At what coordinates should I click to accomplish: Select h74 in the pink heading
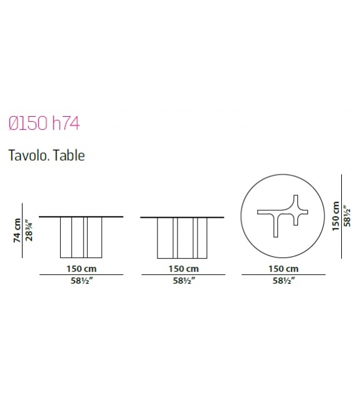coord(65,123)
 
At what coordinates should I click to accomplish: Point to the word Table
coord(68,154)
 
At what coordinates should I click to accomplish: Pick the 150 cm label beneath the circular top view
coord(284,268)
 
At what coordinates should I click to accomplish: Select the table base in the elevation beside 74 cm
coord(82,237)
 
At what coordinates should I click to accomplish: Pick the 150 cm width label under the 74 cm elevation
coord(82,268)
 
